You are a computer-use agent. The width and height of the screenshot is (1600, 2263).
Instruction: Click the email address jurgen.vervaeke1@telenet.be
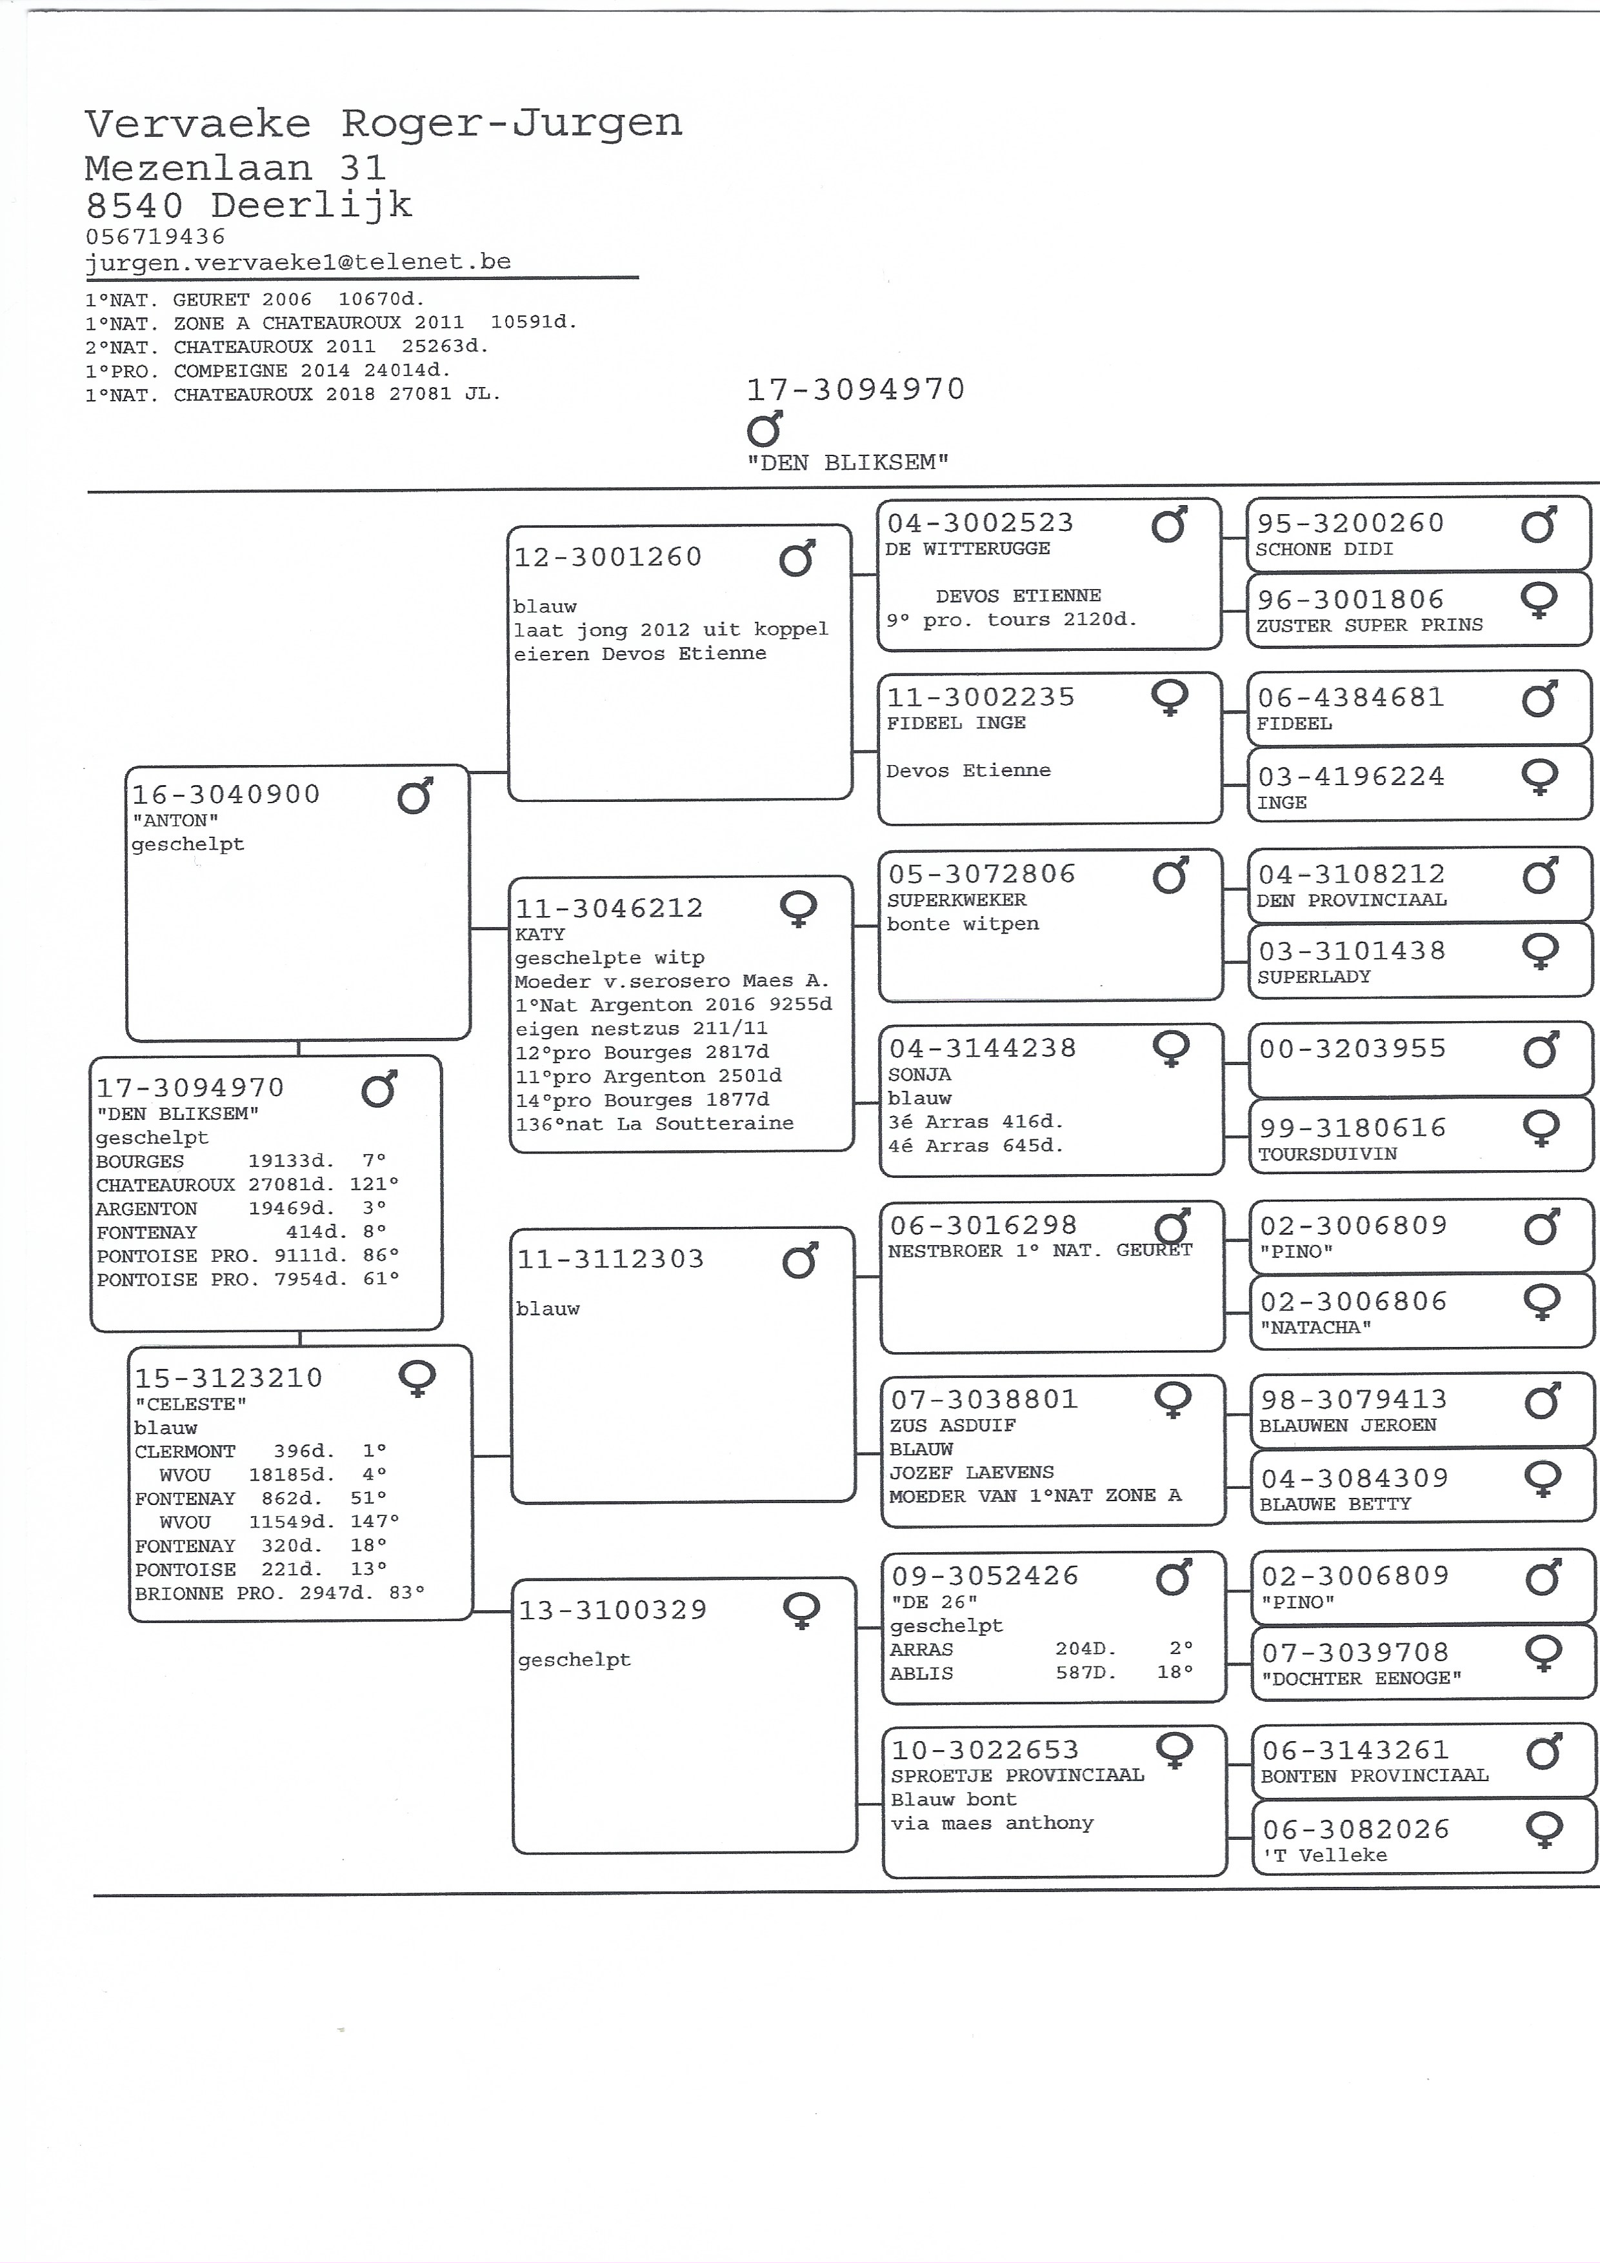[297, 262]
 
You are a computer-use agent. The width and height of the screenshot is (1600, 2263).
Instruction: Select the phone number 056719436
[155, 237]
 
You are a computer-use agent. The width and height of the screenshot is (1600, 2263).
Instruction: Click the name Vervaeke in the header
[198, 125]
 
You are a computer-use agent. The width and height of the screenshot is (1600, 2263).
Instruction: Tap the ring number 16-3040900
[226, 794]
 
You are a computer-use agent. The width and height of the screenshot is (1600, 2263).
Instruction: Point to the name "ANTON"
[175, 820]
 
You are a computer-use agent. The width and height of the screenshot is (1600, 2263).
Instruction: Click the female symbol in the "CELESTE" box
[417, 1378]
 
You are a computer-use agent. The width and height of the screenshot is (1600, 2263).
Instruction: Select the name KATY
[540, 933]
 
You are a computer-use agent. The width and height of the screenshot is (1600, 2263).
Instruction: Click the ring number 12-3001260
[608, 558]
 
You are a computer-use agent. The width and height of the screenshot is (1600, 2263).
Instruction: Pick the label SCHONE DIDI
[1324, 549]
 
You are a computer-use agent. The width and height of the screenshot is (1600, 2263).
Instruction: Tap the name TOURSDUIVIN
[1327, 1153]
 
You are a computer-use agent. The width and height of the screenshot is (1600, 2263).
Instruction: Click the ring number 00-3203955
[1352, 1049]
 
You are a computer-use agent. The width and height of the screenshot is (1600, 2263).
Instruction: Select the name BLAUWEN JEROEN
[1348, 1425]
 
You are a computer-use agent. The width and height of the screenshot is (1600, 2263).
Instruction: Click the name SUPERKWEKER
[956, 900]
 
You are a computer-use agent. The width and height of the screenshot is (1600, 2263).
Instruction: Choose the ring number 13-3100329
[613, 1611]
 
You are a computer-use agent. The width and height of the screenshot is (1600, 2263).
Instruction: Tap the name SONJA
[919, 1074]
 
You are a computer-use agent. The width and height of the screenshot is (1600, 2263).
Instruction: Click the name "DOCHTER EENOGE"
[1361, 1679]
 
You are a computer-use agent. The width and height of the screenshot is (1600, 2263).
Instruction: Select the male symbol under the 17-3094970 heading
[765, 429]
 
